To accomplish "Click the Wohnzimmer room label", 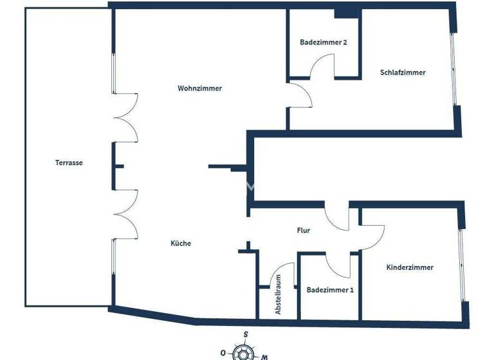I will (199, 89).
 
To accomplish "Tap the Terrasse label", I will (69, 163).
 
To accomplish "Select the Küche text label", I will (181, 243).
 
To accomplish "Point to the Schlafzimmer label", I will (403, 73).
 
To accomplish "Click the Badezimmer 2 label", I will (324, 42).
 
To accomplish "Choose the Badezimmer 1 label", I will (330, 290).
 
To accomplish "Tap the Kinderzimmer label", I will (410, 267).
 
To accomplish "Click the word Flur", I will (304, 230).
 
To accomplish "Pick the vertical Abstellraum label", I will (279, 294).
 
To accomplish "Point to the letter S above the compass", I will (246, 334).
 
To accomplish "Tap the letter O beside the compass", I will (223, 353).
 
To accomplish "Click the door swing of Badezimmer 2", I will (324, 65).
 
